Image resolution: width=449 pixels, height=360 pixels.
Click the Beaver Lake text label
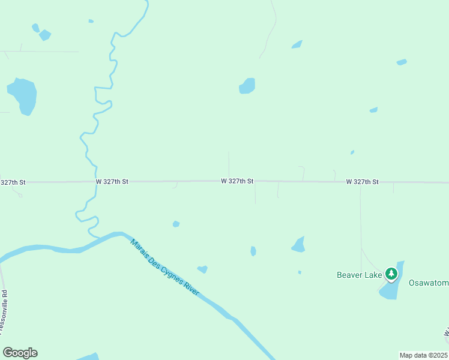(x=359, y=275)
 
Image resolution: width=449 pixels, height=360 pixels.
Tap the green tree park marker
(x=391, y=274)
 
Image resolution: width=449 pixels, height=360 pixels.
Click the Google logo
(x=20, y=353)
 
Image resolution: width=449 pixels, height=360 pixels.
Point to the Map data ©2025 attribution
(x=423, y=355)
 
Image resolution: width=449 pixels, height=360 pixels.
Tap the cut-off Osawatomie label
(x=429, y=283)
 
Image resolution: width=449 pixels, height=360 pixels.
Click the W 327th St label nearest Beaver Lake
(x=362, y=182)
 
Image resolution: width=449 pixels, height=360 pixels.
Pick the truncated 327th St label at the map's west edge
(x=13, y=182)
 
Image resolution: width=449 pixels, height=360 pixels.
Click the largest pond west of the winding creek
(x=23, y=95)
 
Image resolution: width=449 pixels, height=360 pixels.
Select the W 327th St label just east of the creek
(x=112, y=181)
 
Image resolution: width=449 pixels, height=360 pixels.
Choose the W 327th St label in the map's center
(x=237, y=181)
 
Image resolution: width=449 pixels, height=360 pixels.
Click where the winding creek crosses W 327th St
(x=95, y=181)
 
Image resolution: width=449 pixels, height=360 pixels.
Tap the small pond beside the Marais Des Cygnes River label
(x=202, y=269)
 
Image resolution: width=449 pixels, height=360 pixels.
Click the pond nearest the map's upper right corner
(x=402, y=62)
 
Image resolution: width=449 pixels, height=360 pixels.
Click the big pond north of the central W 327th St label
(x=247, y=86)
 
